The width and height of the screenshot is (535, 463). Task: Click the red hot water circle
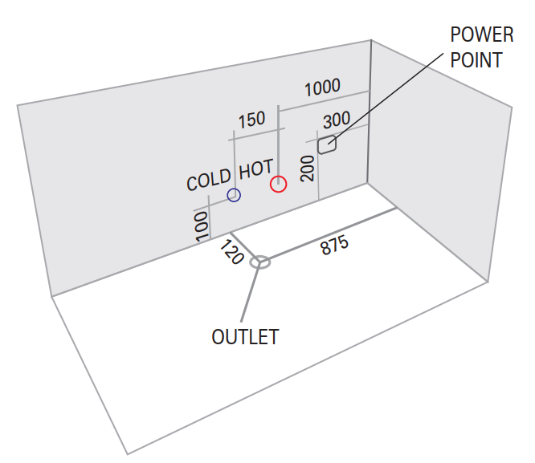click(x=278, y=184)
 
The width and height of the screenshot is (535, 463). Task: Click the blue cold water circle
click(x=234, y=195)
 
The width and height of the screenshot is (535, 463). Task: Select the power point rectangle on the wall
click(x=326, y=145)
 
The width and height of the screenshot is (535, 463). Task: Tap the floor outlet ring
click(x=259, y=262)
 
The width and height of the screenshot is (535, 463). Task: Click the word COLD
click(x=209, y=181)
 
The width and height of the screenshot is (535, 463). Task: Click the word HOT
click(x=256, y=169)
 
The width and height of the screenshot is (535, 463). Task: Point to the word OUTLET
click(x=245, y=337)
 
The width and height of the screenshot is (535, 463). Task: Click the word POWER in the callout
click(x=480, y=35)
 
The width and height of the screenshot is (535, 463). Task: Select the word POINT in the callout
click(x=476, y=60)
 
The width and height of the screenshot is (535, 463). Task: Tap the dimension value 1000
click(x=321, y=87)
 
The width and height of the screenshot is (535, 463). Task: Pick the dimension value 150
click(x=251, y=120)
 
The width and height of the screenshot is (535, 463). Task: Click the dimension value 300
click(x=337, y=120)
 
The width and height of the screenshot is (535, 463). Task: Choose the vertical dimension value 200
click(x=307, y=169)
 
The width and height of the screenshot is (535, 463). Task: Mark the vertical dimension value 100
click(x=201, y=225)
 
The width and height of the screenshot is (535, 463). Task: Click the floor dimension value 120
click(x=232, y=251)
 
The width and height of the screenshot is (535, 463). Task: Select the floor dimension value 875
click(x=334, y=246)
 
